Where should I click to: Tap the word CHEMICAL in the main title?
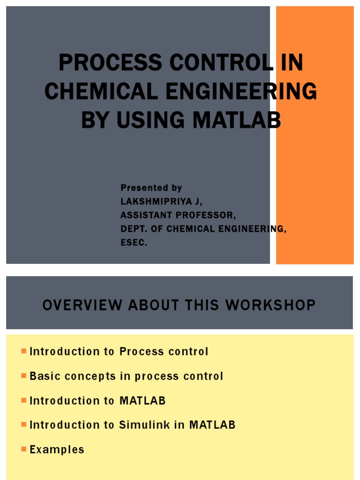click(x=99, y=91)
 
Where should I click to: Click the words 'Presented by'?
click(x=151, y=188)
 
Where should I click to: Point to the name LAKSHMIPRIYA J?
click(x=161, y=202)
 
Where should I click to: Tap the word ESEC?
click(x=134, y=243)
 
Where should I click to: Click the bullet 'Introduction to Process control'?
click(x=119, y=352)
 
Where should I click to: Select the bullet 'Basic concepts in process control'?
click(x=127, y=376)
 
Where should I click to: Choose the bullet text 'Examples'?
click(x=57, y=450)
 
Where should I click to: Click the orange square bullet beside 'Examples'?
click(x=23, y=449)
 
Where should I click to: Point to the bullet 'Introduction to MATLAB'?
click(x=97, y=401)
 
